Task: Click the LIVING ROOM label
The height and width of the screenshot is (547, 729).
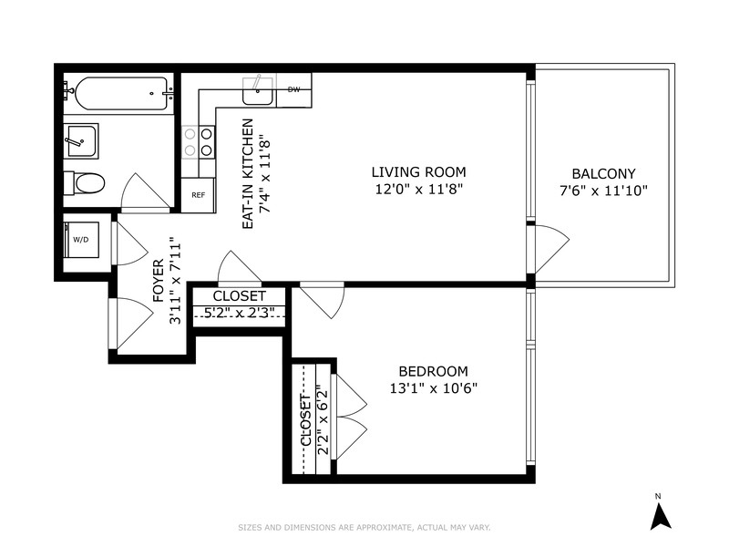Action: pyautogui.click(x=418, y=172)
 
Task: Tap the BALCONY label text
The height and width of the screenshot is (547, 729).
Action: pyautogui.click(x=603, y=173)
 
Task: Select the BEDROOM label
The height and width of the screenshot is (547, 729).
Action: pyautogui.click(x=434, y=371)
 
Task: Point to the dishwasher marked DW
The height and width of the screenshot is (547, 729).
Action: pyautogui.click(x=293, y=90)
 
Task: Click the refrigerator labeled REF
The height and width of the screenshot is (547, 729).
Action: pyautogui.click(x=198, y=195)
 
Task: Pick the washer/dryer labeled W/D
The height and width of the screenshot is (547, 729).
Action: pyautogui.click(x=81, y=240)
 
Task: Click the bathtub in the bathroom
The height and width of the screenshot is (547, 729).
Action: pyautogui.click(x=119, y=94)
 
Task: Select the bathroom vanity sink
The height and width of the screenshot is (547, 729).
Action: pyautogui.click(x=81, y=141)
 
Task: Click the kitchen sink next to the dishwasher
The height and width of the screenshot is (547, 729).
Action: pyautogui.click(x=258, y=91)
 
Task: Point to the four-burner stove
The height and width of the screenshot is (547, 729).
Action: pyautogui.click(x=198, y=142)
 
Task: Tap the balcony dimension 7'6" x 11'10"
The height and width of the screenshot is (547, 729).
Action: pyautogui.click(x=603, y=191)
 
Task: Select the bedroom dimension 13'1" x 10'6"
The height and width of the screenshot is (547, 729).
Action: pyautogui.click(x=434, y=388)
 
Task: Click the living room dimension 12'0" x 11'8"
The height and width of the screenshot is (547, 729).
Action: pyautogui.click(x=419, y=190)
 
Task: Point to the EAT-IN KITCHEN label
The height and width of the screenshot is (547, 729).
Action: pyautogui.click(x=248, y=173)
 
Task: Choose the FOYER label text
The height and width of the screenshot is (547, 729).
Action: pyautogui.click(x=159, y=281)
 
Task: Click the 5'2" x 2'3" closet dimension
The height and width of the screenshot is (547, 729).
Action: pyautogui.click(x=239, y=313)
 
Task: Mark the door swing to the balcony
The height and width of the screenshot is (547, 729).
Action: pyautogui.click(x=552, y=249)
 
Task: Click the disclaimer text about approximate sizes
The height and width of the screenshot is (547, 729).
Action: pyautogui.click(x=364, y=528)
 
